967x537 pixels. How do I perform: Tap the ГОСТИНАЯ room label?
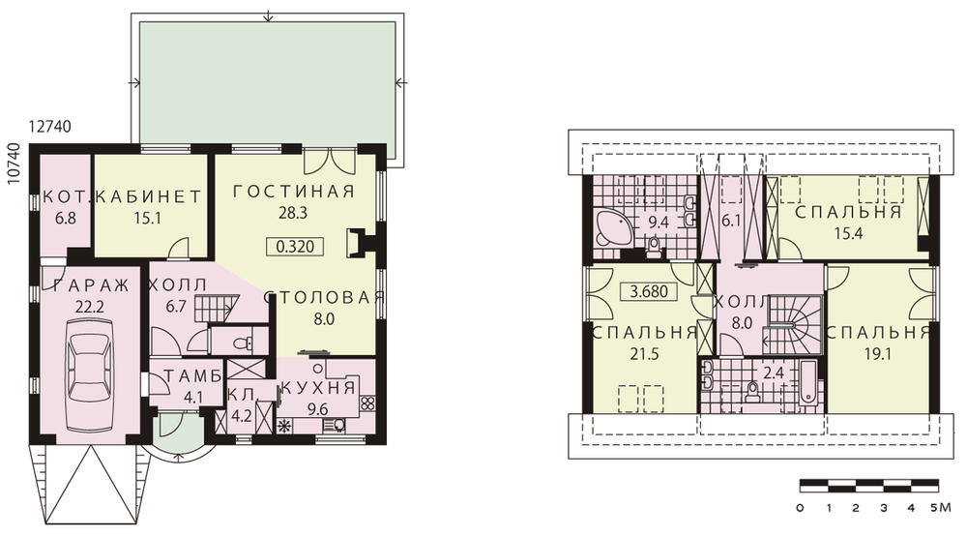294,192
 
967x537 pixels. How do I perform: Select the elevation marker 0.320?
295,247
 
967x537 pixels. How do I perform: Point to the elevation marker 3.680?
650,291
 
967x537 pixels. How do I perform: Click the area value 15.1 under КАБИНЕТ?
147,218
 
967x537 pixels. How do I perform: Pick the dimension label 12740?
50,127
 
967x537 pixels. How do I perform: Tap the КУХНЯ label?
318,388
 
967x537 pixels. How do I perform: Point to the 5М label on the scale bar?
942,508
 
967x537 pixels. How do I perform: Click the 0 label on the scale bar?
800,508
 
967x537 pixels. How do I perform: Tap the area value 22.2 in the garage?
89,307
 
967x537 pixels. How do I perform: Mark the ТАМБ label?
193,375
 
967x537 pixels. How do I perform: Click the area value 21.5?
644,354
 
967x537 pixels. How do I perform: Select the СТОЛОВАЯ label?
324,297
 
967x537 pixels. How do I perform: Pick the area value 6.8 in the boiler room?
65,218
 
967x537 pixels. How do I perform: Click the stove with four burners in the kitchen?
366,403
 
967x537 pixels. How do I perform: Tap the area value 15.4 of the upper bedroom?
848,233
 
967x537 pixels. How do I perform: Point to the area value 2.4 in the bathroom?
774,373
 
